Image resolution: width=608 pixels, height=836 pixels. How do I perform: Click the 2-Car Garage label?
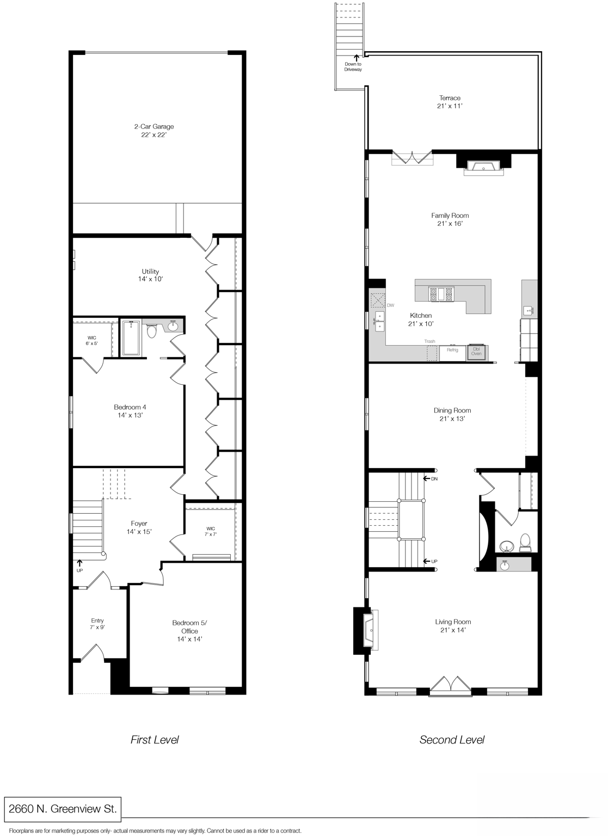click(154, 131)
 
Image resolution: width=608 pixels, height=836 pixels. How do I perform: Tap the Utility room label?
click(150, 275)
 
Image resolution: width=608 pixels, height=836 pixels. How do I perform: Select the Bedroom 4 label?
click(130, 411)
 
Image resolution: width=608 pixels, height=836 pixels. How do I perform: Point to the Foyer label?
click(139, 527)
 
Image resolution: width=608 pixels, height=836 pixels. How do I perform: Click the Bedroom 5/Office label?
click(189, 631)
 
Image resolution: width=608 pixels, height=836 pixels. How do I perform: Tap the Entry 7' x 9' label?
click(97, 624)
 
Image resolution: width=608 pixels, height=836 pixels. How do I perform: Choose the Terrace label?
click(450, 102)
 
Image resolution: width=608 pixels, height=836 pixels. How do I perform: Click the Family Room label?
click(450, 219)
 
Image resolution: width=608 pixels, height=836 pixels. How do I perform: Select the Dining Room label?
click(452, 414)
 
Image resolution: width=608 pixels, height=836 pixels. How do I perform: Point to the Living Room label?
click(453, 626)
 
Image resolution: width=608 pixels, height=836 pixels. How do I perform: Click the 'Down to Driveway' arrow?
click(357, 56)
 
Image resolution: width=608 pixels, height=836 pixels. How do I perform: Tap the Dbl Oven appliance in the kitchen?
click(476, 352)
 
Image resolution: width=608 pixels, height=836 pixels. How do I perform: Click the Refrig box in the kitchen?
click(452, 351)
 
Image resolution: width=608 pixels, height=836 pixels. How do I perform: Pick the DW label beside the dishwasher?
click(390, 305)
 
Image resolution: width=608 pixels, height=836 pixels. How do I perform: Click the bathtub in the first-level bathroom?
click(131, 338)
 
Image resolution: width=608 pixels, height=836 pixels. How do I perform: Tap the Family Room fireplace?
click(484, 167)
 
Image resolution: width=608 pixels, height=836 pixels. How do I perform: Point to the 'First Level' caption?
click(155, 740)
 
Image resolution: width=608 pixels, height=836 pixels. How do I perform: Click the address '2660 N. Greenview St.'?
click(62, 809)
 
